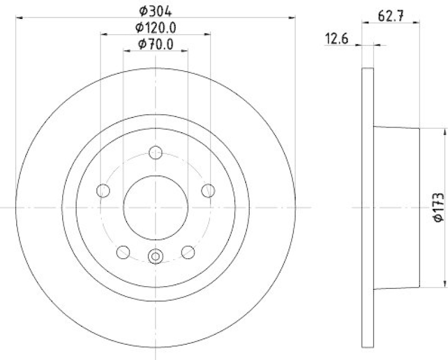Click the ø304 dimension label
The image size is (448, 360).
tap(156, 11)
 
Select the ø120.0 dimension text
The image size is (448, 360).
tap(156, 28)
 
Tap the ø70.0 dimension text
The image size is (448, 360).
tap(156, 44)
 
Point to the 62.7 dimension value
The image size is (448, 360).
tap(390, 16)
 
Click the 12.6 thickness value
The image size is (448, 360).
tap(337, 39)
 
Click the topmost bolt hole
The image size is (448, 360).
tap(156, 152)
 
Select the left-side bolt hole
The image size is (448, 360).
tap(103, 190)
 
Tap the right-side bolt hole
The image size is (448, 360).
tap(208, 190)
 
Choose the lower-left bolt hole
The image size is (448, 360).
tap(123, 253)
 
